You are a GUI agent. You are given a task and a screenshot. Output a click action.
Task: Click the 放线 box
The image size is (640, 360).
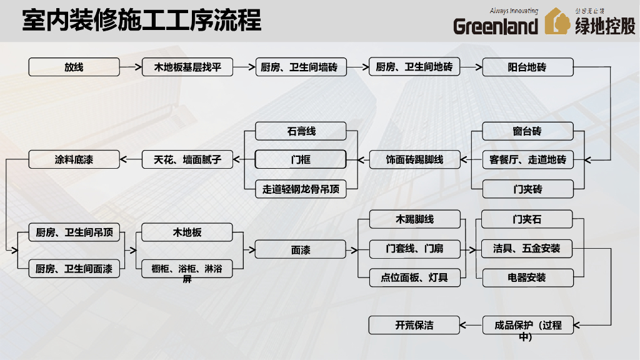[x=74, y=67]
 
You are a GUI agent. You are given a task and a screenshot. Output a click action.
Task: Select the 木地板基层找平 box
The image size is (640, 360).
[x=187, y=67]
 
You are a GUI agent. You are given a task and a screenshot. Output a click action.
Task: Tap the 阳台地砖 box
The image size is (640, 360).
[x=527, y=67]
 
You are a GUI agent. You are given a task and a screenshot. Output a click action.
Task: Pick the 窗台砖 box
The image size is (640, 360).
[x=527, y=131]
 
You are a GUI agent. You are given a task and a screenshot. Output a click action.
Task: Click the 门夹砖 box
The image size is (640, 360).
[x=527, y=189]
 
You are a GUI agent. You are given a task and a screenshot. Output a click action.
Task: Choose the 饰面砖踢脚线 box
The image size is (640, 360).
[x=414, y=160]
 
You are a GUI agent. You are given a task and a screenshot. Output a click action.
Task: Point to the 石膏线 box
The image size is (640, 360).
[x=301, y=131]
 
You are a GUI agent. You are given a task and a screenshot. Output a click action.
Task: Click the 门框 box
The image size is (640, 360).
[x=301, y=160]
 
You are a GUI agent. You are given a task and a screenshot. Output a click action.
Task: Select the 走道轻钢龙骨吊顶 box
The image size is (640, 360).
[x=301, y=189]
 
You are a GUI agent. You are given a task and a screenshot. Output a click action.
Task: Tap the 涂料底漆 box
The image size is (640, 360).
[x=74, y=160]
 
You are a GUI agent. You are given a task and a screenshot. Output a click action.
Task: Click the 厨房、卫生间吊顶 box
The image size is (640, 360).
[x=74, y=232]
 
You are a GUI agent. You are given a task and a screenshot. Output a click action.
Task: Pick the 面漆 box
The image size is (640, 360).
[x=301, y=250]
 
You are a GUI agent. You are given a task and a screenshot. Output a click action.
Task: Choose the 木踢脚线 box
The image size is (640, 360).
[x=414, y=219]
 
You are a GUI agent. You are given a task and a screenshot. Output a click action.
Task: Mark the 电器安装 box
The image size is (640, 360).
[x=527, y=277]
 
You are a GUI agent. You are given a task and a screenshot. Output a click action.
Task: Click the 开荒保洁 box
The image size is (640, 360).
[x=414, y=325]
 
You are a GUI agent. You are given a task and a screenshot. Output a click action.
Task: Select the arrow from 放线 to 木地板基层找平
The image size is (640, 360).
[x=131, y=67]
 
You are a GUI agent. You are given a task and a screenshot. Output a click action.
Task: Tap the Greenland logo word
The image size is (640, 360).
[x=495, y=26]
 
